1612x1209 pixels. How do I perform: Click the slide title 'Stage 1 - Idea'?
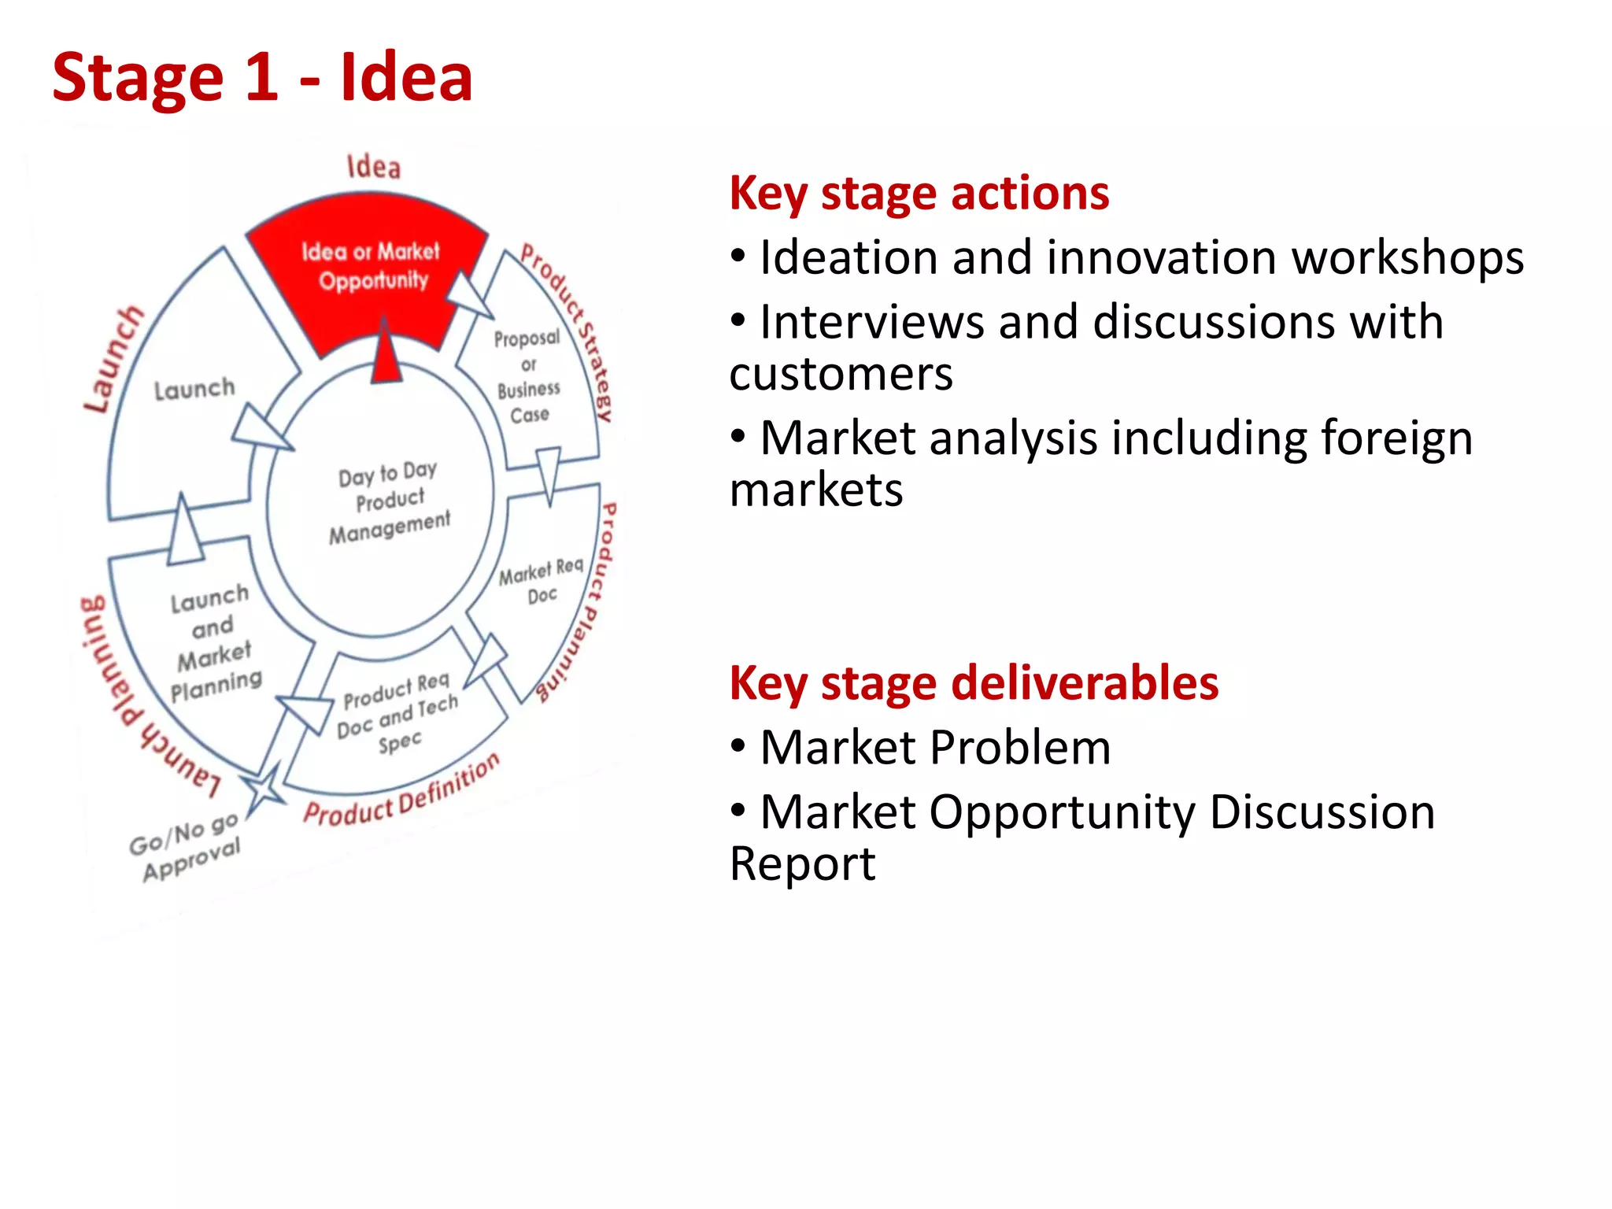point(262,78)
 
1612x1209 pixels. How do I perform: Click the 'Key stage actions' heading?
point(919,194)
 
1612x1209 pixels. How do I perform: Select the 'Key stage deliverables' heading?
point(974,683)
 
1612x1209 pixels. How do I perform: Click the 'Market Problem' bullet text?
point(935,748)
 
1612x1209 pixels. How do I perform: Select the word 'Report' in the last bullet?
point(802,864)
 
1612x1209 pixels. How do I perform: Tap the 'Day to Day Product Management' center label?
point(389,502)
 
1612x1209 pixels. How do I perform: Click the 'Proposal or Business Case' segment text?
point(528,376)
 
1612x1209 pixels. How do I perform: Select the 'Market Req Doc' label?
point(542,580)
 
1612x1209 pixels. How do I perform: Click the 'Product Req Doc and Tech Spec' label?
point(397,713)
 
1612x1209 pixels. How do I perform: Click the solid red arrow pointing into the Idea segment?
point(386,354)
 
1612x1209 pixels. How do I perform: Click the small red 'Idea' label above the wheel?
point(374,167)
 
